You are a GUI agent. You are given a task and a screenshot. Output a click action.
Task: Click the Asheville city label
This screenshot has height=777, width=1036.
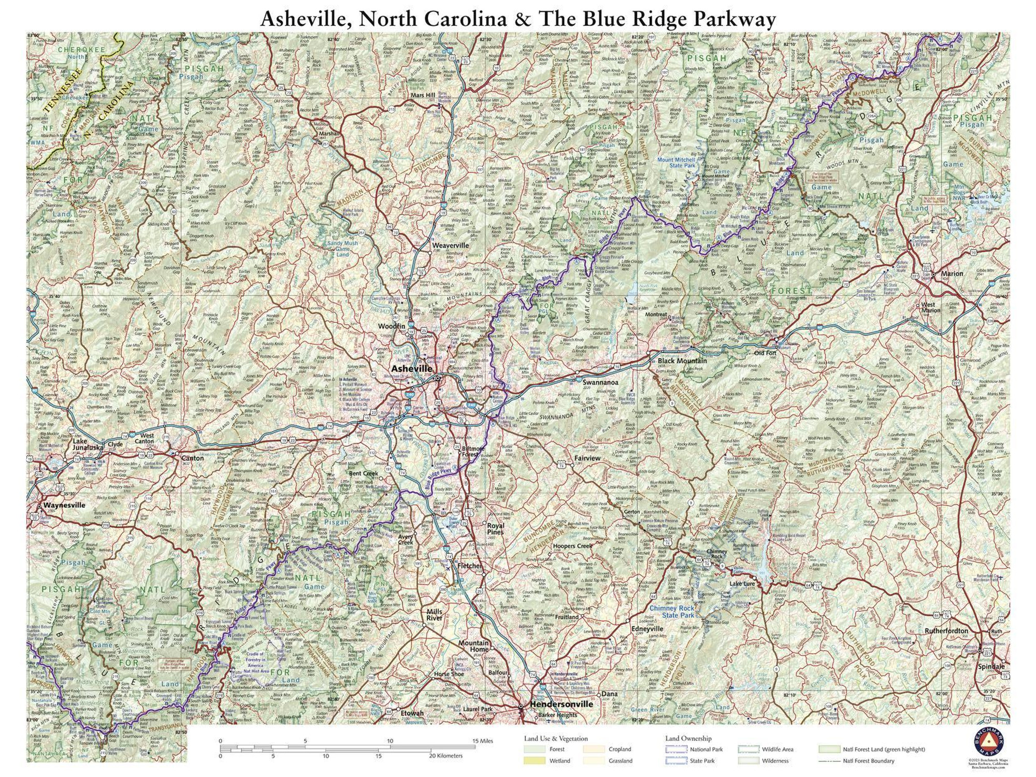point(411,368)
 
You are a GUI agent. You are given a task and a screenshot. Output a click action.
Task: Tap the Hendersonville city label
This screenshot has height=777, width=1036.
point(561,704)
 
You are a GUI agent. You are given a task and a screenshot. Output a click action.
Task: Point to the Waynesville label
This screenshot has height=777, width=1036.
point(64,505)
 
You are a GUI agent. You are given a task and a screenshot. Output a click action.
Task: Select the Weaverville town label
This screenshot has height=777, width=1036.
point(450,246)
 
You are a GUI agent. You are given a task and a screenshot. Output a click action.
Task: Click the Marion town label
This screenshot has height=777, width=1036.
point(952,274)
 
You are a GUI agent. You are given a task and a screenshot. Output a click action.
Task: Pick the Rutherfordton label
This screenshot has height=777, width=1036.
point(946,631)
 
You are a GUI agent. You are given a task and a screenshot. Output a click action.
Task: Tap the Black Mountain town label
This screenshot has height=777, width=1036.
point(682,361)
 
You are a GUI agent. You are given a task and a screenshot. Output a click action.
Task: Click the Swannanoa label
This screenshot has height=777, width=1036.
point(600,382)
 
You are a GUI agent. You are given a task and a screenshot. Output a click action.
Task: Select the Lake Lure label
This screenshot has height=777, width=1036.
point(742,584)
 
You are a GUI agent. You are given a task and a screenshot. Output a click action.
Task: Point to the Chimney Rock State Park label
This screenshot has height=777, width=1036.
point(672,612)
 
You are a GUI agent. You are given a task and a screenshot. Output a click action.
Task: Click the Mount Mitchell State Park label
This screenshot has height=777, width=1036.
point(676,163)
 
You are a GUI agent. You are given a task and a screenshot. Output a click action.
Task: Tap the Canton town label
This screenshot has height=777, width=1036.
point(192,458)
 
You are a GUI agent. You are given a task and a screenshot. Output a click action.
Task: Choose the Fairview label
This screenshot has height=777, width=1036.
point(587,458)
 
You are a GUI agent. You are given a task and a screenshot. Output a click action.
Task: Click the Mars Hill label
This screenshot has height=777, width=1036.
point(423,95)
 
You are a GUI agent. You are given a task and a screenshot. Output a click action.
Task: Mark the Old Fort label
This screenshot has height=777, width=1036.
point(765,353)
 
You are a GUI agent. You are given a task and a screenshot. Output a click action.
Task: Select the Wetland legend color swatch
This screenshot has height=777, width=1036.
point(534,761)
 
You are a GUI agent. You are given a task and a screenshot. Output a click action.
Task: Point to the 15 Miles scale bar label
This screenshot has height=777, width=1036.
point(482,741)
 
